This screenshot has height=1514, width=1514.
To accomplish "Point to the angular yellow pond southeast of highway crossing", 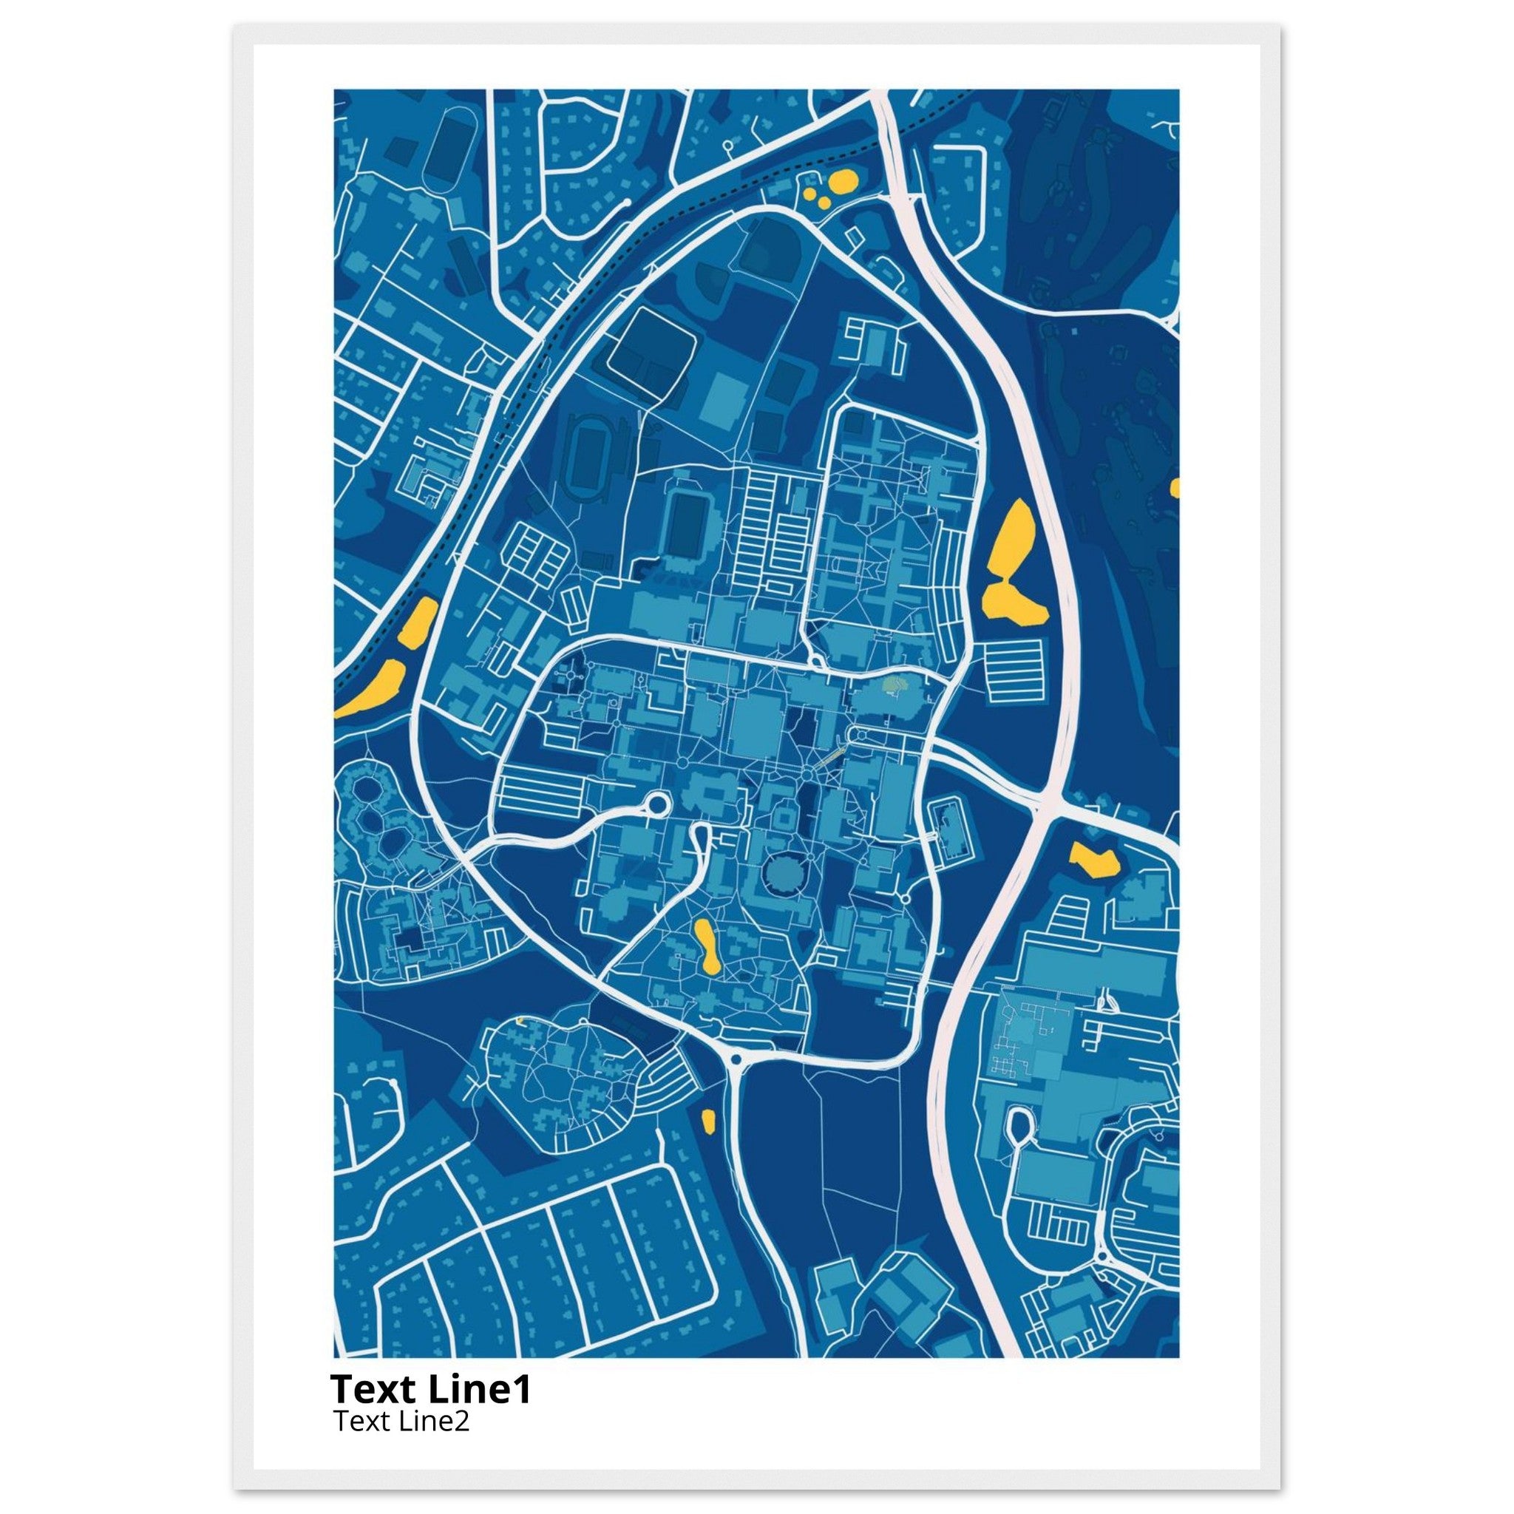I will [x=1094, y=860].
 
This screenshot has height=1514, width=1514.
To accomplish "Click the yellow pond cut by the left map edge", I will [x=368, y=690].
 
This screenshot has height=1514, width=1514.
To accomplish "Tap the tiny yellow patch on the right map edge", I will [x=1174, y=487].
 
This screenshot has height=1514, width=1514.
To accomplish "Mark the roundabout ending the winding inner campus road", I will [x=654, y=804].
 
